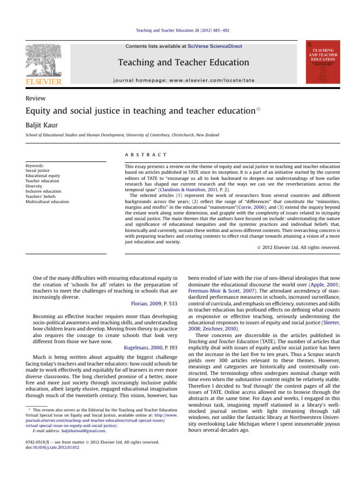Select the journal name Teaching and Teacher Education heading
tap(183, 62)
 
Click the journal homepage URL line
tap(183, 80)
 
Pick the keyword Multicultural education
tap(47, 202)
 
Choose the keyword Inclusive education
tap(43, 191)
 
